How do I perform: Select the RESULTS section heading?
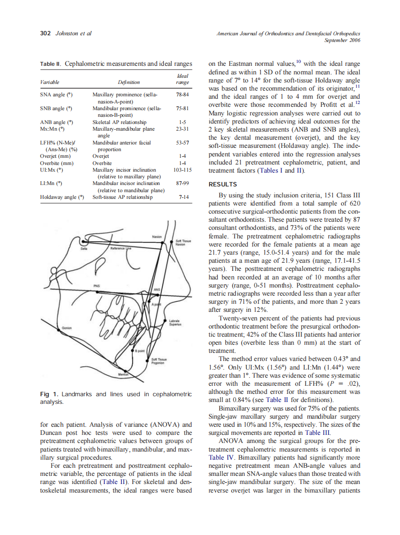pyautogui.click(x=223, y=184)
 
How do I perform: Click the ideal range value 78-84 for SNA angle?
pyautogui.click(x=182, y=95)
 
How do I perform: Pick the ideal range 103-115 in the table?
pyautogui.click(x=182, y=169)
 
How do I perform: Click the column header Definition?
pyautogui.click(x=128, y=82)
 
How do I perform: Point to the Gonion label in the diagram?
pyautogui.click(x=67, y=328)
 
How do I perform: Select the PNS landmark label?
pyautogui.click(x=97, y=286)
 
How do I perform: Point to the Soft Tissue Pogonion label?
pyautogui.click(x=158, y=361)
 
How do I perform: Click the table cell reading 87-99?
pyautogui.click(x=182, y=183)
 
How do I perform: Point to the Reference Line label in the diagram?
pyautogui.click(x=120, y=248)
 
